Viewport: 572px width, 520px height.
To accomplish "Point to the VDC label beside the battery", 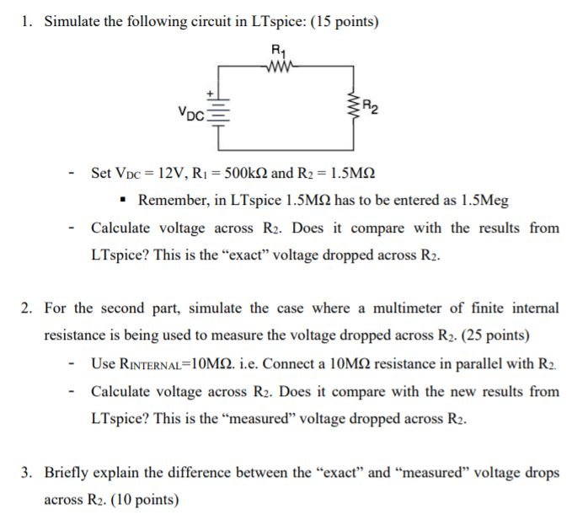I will [x=190, y=110].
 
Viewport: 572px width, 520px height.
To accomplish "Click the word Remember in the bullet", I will [x=172, y=201].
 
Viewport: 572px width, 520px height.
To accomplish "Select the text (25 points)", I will [x=492, y=335].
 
